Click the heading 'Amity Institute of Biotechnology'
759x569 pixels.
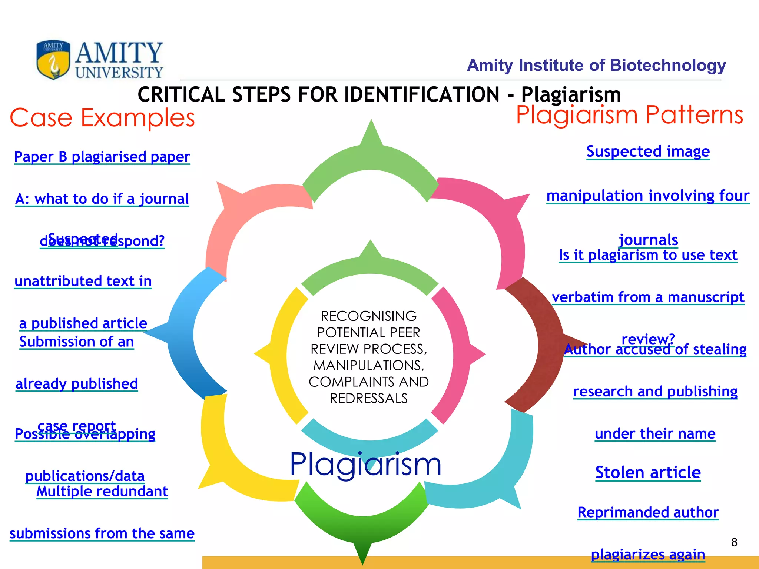[x=596, y=65]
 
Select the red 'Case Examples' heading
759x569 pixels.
[x=102, y=118]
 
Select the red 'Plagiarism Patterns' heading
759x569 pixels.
[x=629, y=115]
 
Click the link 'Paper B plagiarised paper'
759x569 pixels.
[x=102, y=157]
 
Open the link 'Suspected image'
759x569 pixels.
[x=648, y=152]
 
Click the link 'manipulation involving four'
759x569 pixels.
[x=648, y=196]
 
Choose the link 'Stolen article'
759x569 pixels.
[x=648, y=472]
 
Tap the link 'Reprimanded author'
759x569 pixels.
[x=648, y=512]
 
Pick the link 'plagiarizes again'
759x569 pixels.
[x=648, y=554]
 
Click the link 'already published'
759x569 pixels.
[x=77, y=384]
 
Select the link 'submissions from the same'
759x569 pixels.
[x=102, y=533]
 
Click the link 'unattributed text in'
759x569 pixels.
[x=83, y=281]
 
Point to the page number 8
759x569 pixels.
[x=734, y=542]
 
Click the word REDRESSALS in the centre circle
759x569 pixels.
[x=369, y=398]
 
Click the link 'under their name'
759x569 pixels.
[x=655, y=433]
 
